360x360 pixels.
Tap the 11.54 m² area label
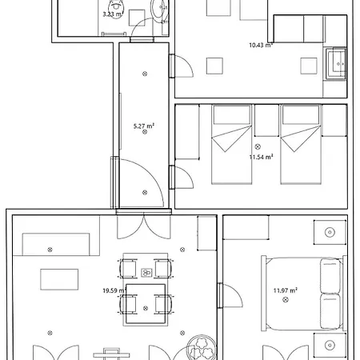click(261, 158)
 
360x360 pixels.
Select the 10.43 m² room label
click(261, 46)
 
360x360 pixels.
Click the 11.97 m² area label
click(285, 290)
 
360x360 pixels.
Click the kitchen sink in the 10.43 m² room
click(335, 61)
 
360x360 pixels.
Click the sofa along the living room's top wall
click(56, 244)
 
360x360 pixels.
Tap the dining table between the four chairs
click(145, 291)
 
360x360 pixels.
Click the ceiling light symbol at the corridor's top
click(145, 74)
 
